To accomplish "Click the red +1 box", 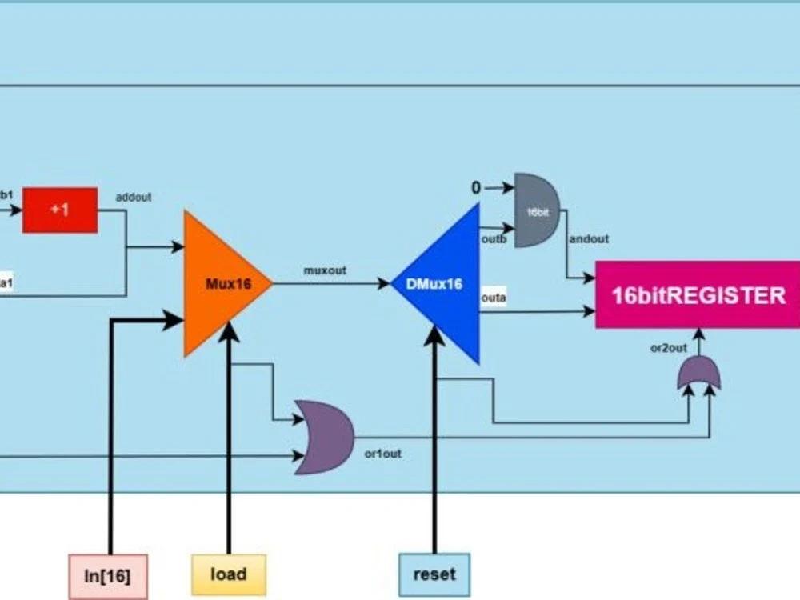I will (x=60, y=210).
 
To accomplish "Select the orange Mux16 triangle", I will (x=220, y=283).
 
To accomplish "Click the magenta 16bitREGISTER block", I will (x=697, y=295).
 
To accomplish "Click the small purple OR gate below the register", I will (x=698, y=374).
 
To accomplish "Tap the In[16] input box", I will (x=109, y=575).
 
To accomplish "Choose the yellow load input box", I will (x=228, y=574).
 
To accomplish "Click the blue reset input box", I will (x=434, y=574).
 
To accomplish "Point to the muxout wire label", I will (x=325, y=270).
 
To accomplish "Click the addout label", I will (x=134, y=196).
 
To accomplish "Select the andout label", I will (x=588, y=238).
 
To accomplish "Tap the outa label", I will (x=493, y=298).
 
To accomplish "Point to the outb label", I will (x=494, y=238).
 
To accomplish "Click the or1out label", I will (x=382, y=454).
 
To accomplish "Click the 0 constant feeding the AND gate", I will (x=476, y=188).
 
